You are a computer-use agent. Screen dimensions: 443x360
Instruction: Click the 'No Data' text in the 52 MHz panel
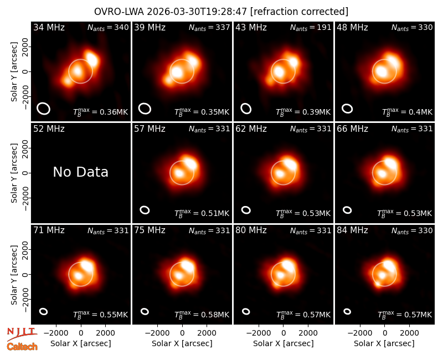pos(80,172)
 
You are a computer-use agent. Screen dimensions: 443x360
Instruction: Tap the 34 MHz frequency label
pos(49,27)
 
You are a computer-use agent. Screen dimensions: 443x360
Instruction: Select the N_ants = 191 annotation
pos(311,27)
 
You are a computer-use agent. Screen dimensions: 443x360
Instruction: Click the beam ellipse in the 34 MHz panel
pos(43,109)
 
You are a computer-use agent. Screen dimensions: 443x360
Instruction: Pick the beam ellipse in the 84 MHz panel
pos(347,311)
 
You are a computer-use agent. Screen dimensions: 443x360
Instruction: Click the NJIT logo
pos(22,333)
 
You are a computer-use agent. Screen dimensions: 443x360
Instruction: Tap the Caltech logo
pos(22,347)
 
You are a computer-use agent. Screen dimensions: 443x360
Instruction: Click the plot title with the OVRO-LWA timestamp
pos(221,12)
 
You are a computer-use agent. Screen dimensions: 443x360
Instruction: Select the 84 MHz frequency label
pos(352,230)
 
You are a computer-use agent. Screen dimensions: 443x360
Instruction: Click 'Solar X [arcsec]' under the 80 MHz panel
pos(283,343)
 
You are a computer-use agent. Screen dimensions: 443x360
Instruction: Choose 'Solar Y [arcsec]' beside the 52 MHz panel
pos(14,173)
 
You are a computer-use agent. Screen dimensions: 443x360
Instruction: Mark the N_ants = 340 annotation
pos(108,27)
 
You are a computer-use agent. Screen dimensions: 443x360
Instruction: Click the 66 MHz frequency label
pos(352,129)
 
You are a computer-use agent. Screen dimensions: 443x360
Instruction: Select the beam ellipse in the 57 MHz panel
pos(145,210)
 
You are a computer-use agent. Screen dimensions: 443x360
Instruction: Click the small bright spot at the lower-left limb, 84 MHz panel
pos(378,283)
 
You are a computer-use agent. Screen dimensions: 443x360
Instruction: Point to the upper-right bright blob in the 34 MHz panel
pos(92,59)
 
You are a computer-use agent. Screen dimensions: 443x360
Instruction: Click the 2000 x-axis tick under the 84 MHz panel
pos(409,333)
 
